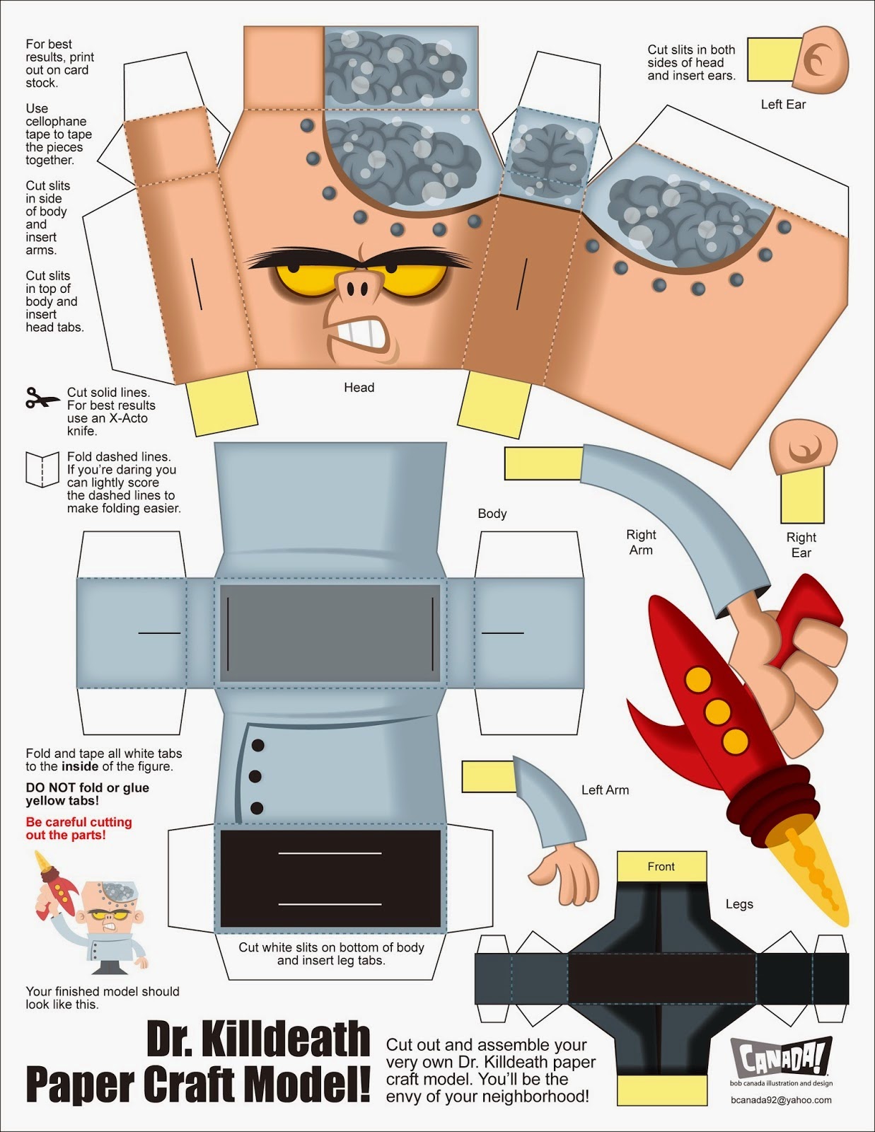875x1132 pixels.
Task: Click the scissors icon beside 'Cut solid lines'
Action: click(42, 398)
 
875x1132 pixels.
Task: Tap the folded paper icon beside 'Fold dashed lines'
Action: click(42, 469)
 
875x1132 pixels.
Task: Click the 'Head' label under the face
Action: click(359, 388)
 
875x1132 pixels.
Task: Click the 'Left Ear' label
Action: click(783, 105)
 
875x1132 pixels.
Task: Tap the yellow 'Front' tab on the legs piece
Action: click(661, 866)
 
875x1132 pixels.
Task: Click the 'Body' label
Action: click(492, 514)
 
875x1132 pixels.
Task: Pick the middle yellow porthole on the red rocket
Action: click(717, 710)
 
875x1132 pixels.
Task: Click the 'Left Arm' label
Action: click(605, 790)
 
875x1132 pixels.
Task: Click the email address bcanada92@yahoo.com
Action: click(782, 1100)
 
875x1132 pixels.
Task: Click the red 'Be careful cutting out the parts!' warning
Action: click(79, 828)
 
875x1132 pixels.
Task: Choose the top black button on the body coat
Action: click(258, 745)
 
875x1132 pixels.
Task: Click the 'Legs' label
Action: click(739, 904)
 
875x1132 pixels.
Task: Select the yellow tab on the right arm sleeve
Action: click(543, 464)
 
